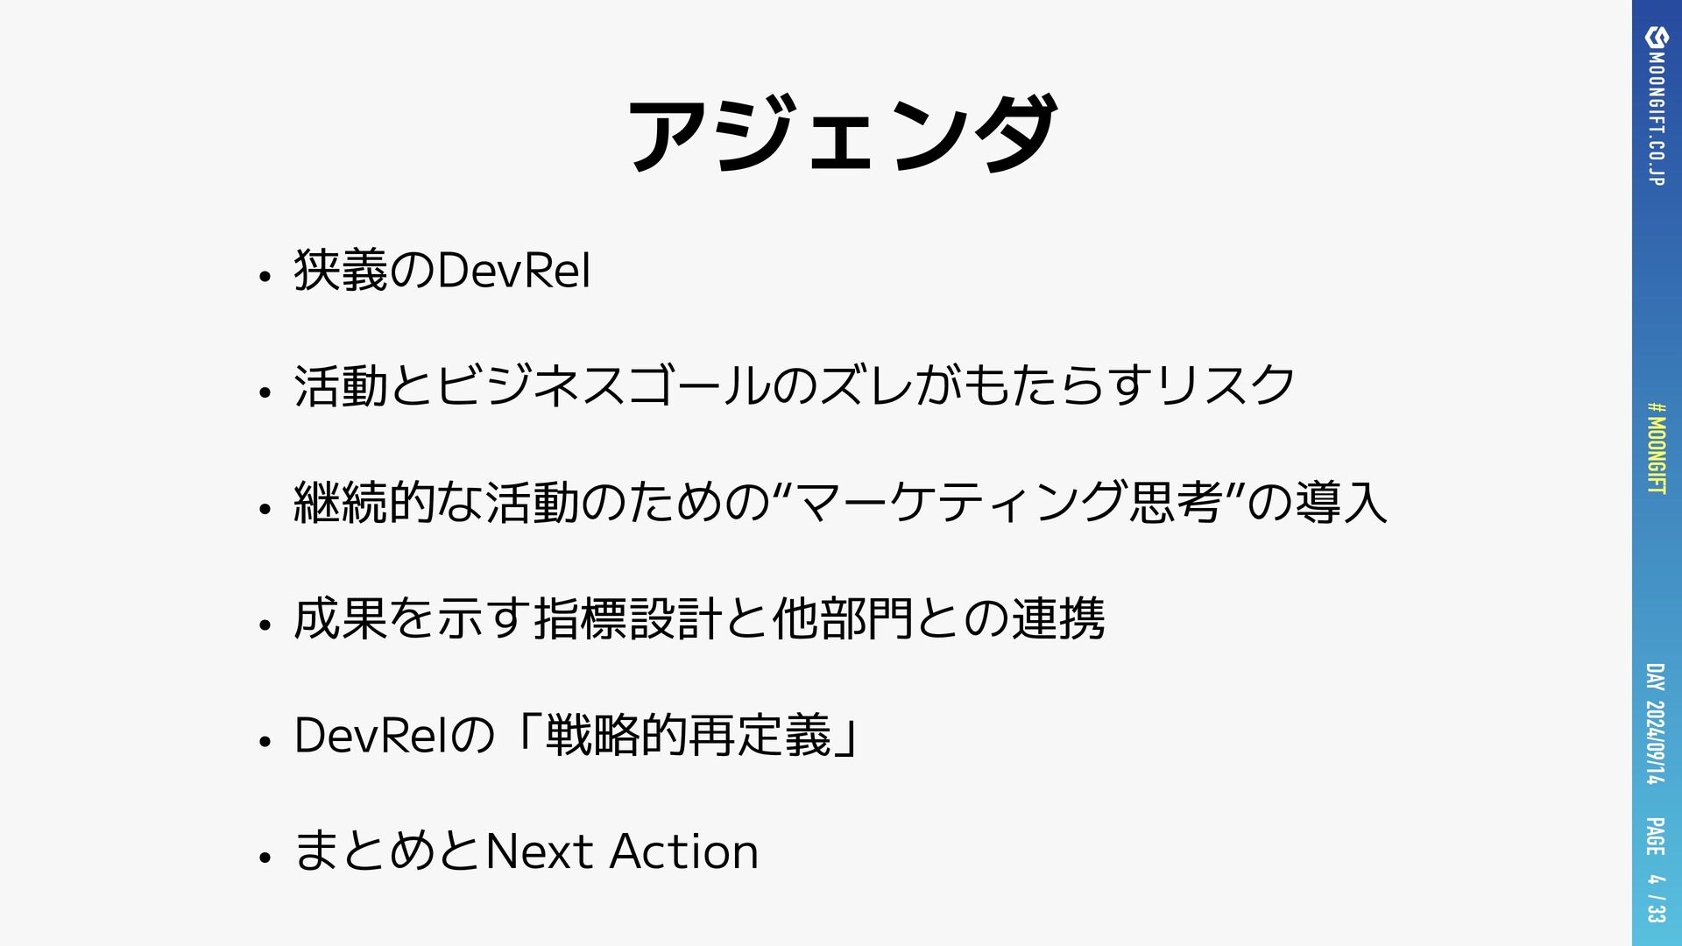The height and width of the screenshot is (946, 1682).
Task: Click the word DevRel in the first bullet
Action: (513, 271)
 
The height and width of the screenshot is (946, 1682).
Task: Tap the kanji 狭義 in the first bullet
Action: (341, 271)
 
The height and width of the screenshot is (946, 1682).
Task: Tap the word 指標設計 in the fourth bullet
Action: (628, 619)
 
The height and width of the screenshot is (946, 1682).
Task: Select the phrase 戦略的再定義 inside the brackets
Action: (688, 735)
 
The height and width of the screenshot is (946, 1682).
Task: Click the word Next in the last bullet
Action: (540, 851)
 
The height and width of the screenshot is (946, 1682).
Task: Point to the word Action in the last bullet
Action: (684, 851)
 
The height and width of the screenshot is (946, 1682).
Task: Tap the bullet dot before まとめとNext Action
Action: (264, 858)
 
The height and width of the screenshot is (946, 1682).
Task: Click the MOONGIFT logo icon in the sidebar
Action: (1657, 37)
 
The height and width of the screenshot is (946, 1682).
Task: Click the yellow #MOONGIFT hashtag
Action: (1657, 448)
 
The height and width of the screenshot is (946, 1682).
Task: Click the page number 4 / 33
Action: (1655, 898)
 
